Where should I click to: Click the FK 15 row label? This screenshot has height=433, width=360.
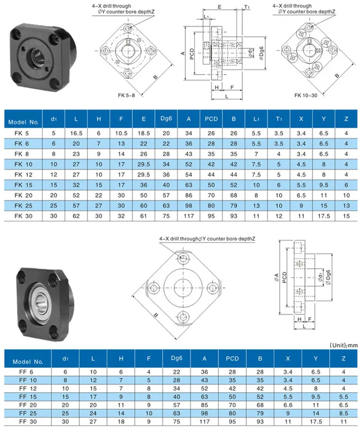pyautogui.click(x=23, y=185)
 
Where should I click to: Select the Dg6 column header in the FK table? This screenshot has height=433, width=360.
pyautogui.click(x=166, y=118)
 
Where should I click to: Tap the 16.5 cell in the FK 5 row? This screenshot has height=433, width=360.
pyautogui.click(x=76, y=133)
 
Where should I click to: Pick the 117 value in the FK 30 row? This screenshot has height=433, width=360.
pyautogui.click(x=189, y=216)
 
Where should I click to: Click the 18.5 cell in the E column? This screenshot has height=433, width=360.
pyautogui.click(x=144, y=133)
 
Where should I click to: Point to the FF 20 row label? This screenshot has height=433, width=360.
pyautogui.click(x=28, y=405)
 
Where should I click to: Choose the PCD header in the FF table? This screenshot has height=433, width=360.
pyautogui.click(x=232, y=358)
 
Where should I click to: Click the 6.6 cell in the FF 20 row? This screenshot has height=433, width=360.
pyautogui.click(x=288, y=405)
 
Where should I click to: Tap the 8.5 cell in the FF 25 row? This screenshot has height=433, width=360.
pyautogui.click(x=343, y=413)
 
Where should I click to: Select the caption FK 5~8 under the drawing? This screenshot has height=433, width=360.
pyautogui.click(x=126, y=95)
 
